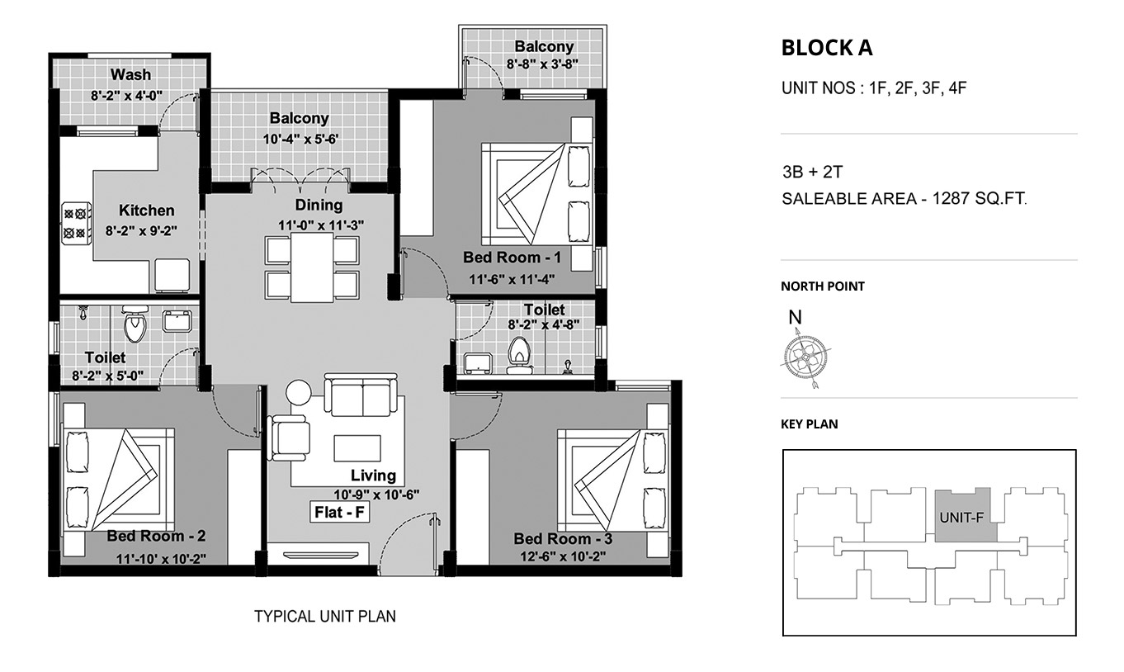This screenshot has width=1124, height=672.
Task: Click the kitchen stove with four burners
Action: coord(77,223)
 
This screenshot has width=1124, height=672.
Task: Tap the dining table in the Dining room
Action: coord(312,267)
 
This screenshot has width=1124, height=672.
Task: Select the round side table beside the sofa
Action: coord(299,392)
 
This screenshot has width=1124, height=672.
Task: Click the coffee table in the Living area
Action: coord(357,448)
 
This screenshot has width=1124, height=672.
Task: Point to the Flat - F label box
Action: coord(340,513)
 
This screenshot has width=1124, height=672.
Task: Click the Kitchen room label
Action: coord(147,211)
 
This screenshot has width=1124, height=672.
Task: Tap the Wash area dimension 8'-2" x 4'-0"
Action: coord(126,96)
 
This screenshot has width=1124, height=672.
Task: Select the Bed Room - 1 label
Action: coord(512,258)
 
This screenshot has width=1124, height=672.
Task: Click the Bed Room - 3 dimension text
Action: coord(563,556)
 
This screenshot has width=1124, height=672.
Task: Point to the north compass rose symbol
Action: coord(805,357)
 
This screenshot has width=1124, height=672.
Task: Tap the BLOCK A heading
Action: coord(827,48)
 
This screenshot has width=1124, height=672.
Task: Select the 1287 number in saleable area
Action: coord(951,199)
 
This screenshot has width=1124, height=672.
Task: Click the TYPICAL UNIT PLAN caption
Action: coord(325,617)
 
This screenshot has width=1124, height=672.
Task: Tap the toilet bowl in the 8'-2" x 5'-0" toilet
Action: coord(135,323)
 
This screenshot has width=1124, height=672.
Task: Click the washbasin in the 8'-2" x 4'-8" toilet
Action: coord(477,363)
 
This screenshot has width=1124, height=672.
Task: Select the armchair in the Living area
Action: coord(289,438)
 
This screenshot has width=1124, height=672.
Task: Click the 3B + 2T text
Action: coord(812,173)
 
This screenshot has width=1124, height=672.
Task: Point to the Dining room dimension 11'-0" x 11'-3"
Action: coord(321,225)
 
